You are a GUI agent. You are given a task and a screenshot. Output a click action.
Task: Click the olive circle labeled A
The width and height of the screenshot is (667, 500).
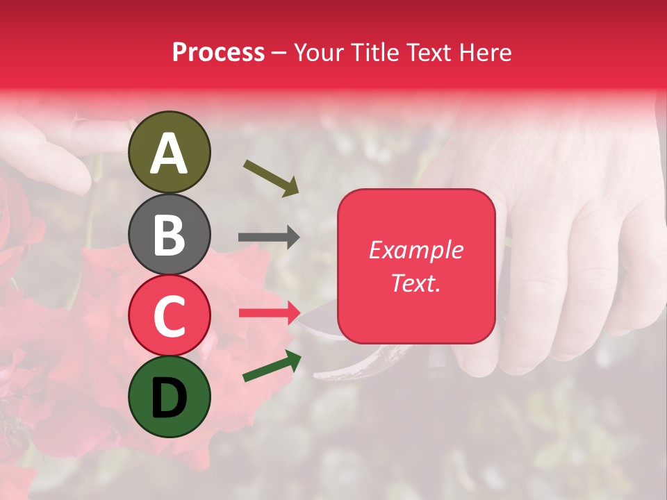pyautogui.click(x=169, y=152)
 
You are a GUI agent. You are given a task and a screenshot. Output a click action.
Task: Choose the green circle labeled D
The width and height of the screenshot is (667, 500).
pyautogui.click(x=169, y=397)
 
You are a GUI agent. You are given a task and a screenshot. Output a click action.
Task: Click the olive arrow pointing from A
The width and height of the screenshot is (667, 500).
pyautogui.click(x=271, y=177)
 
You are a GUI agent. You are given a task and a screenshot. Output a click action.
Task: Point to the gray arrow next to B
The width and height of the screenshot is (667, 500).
pyautogui.click(x=269, y=237)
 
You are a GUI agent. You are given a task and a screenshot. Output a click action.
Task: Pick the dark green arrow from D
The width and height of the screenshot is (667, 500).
pyautogui.click(x=272, y=366)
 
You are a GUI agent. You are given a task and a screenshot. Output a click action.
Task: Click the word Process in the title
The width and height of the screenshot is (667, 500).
pyautogui.click(x=218, y=53)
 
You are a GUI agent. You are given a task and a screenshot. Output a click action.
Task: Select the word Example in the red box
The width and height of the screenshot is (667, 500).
pyautogui.click(x=415, y=250)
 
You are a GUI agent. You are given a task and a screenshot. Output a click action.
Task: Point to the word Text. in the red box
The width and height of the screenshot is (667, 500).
pyautogui.click(x=415, y=283)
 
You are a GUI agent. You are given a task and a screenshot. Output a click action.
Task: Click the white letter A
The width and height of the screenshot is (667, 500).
pyautogui.click(x=169, y=153)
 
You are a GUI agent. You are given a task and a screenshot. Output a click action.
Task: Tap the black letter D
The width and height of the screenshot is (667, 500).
pyautogui.click(x=169, y=397)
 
